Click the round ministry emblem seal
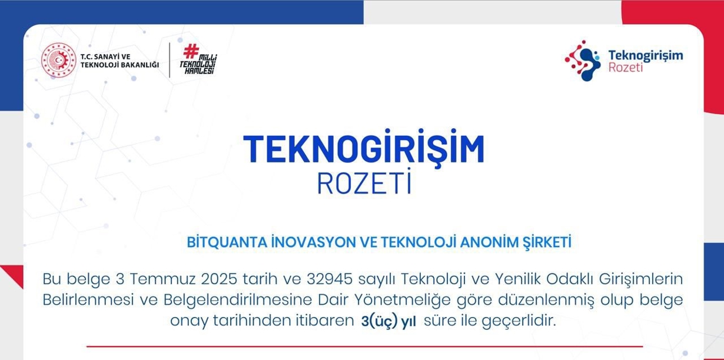(58, 61)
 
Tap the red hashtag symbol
(191, 51)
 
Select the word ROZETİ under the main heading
(363, 184)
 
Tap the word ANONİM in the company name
(491, 242)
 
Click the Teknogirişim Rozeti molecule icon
(582, 61)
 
